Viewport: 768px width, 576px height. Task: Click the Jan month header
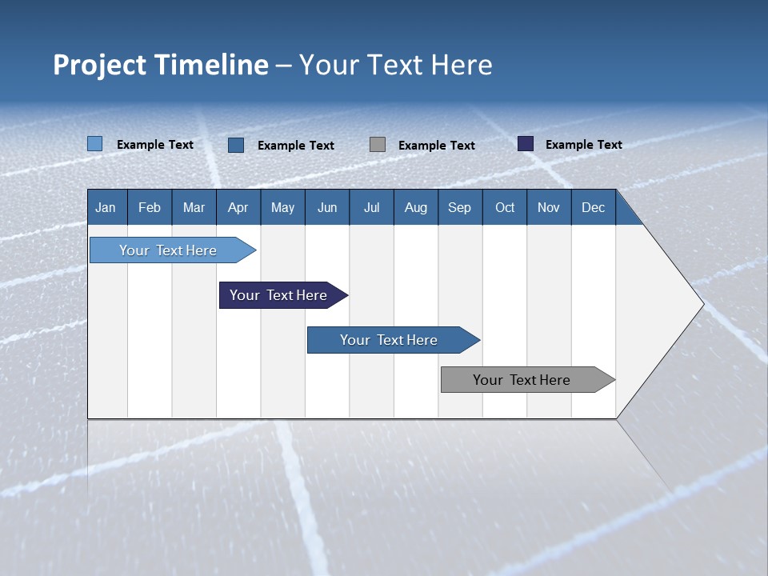coord(106,207)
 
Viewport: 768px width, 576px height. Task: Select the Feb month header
coord(150,207)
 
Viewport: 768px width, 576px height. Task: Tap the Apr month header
coord(238,207)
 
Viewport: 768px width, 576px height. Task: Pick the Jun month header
coord(327,207)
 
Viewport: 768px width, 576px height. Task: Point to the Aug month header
coord(416,207)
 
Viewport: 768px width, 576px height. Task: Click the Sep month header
coord(460,207)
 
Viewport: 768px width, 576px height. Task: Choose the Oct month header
coord(505,207)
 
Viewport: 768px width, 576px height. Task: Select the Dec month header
coord(594,207)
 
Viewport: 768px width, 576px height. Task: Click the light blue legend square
coord(94,144)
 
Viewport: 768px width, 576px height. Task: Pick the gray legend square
coord(378,144)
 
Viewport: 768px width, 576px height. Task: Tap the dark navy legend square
coord(526,144)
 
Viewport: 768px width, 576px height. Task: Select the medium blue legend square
coord(236,145)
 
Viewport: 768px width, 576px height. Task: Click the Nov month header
coord(549,207)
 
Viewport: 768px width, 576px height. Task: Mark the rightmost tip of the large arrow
coord(703,304)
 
